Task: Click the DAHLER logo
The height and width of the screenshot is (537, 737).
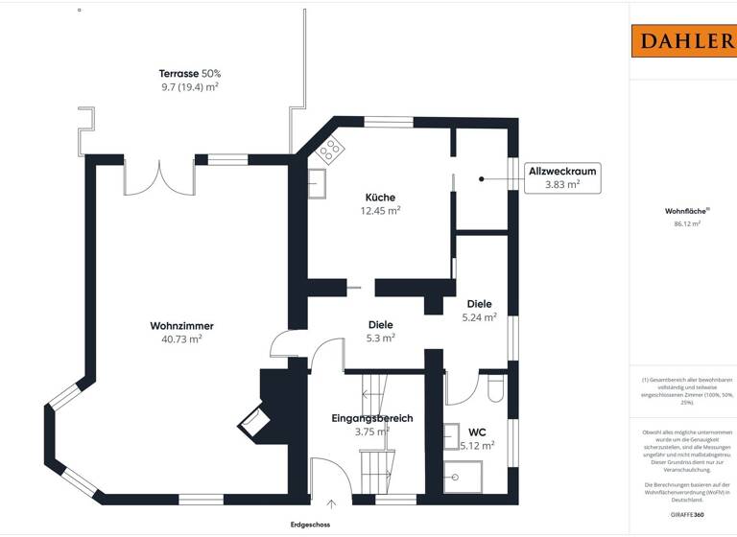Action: (682, 41)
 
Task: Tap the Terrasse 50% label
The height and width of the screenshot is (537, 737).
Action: (189, 73)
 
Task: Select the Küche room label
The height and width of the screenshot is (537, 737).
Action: (379, 197)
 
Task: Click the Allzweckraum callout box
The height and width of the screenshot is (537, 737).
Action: (563, 177)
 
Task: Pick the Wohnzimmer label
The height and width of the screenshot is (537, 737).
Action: (181, 326)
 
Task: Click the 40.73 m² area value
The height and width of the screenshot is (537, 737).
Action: (181, 339)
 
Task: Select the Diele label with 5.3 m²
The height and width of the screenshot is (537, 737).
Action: (380, 324)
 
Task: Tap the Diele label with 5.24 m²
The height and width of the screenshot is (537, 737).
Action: (479, 304)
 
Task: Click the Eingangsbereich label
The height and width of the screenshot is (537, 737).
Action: (371, 418)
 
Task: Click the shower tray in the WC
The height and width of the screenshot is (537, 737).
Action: (464, 476)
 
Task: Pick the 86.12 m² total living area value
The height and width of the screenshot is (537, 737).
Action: (686, 223)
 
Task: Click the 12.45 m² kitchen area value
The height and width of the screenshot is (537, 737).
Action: (379, 211)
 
